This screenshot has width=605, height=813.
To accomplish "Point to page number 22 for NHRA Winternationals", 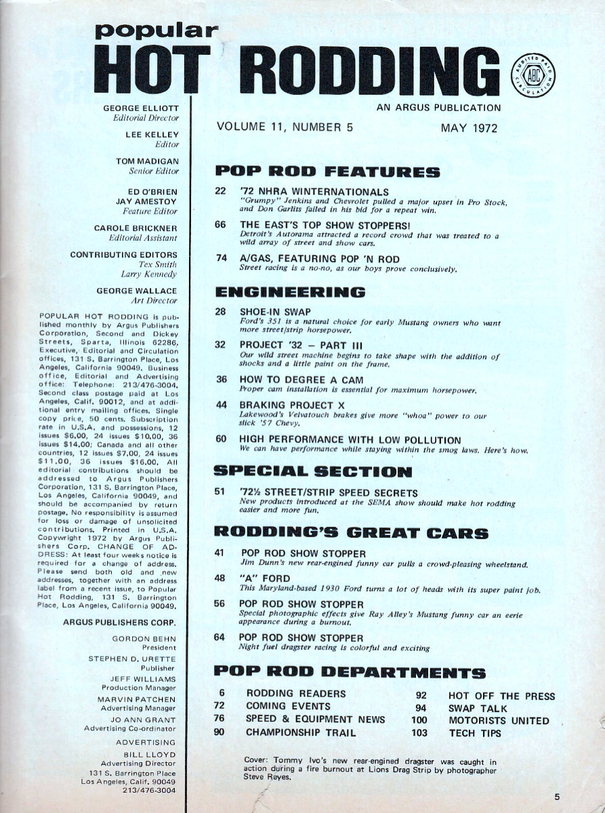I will point(220,192).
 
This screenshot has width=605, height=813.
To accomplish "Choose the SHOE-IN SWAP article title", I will point(274,312).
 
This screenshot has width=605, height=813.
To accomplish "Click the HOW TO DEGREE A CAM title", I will point(301,379).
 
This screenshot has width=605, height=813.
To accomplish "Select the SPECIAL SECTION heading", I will point(312,472).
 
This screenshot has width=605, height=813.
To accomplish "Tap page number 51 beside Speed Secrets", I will point(220,493).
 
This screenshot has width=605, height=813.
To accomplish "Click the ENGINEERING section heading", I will point(290,292).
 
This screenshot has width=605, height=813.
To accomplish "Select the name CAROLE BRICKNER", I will point(135,228).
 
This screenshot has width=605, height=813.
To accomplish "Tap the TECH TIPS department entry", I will point(475,733).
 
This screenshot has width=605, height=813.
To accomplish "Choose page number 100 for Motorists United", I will point(419,720).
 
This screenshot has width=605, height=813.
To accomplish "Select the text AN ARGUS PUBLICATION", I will point(438,107).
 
